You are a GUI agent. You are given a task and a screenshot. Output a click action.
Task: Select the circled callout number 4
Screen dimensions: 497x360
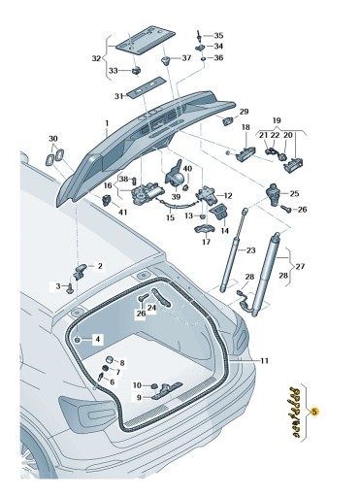[x=96, y=339]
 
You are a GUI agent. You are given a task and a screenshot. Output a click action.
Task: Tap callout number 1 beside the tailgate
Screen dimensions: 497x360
[x=107, y=124]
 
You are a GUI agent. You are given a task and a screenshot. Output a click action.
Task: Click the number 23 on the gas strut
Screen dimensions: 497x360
[x=249, y=250]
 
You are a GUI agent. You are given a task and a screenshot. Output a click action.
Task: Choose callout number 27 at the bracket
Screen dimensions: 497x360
[x=300, y=266]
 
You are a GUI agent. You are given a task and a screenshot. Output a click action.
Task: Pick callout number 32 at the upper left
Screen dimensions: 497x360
[x=96, y=58]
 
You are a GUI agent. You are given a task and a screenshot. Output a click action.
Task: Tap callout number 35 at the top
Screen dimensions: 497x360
[x=218, y=35]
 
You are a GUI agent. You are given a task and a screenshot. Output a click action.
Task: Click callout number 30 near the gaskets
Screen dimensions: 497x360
[x=52, y=139]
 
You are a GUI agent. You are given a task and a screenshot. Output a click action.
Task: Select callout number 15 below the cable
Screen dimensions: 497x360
[x=170, y=218]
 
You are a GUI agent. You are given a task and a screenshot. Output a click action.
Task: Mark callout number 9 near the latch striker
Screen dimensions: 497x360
[x=139, y=397]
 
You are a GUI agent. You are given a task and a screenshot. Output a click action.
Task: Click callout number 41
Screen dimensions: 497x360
[x=123, y=211]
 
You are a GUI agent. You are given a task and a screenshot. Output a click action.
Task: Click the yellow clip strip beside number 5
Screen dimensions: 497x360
[x=289, y=412]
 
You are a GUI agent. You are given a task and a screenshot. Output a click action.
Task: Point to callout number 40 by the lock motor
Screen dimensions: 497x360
[x=187, y=168]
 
